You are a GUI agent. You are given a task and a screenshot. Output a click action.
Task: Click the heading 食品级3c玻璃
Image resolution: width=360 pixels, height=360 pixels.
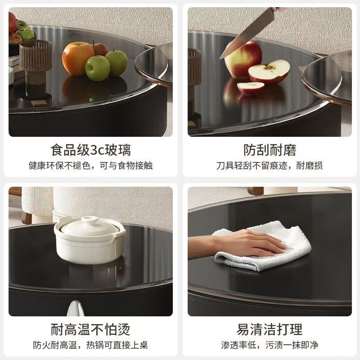point(91,150)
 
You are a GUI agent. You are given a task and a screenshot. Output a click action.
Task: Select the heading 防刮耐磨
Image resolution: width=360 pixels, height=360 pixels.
point(270,150)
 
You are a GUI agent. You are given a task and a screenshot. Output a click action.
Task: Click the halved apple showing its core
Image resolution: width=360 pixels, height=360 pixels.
point(269,72)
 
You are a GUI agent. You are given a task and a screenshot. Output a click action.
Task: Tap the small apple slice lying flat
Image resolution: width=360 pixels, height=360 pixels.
point(251,88)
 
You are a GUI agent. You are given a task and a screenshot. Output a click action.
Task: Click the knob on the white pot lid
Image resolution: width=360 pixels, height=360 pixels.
point(90,220)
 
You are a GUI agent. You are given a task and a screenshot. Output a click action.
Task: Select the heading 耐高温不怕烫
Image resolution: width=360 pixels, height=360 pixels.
point(91,329)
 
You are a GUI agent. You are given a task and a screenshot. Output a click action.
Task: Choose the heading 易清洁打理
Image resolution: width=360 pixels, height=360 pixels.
point(270,329)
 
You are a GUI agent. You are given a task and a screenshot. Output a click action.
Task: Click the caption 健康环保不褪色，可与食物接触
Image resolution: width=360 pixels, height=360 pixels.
point(91,166)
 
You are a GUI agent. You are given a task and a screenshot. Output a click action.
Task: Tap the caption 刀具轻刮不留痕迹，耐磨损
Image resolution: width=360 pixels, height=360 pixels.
point(270,166)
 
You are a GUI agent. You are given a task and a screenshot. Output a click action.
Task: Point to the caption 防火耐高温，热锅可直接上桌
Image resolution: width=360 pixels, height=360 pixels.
point(91,345)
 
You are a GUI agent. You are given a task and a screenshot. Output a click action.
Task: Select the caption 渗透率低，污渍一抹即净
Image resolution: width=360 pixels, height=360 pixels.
point(270,345)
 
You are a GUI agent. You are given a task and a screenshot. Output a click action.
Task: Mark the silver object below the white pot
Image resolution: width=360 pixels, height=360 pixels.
point(75,309)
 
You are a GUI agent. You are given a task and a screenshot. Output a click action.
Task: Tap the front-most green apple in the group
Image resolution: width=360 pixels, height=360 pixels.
point(97,68)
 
